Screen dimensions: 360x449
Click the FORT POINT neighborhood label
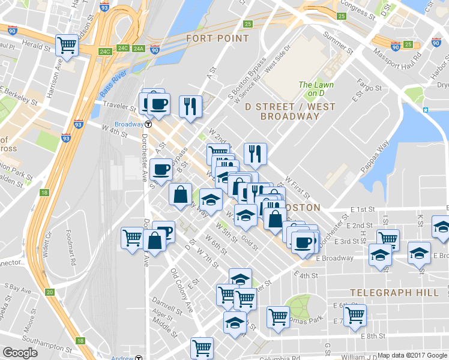pyautogui.click(x=217, y=38)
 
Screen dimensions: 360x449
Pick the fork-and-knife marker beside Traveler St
pyautogui.click(x=191, y=106)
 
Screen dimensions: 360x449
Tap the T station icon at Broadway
pyautogui.click(x=148, y=124)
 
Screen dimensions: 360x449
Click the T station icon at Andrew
pyautogui.click(x=139, y=358)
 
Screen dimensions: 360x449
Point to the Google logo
pyautogui.click(x=20, y=353)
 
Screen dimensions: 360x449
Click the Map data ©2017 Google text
pyautogui.click(x=412, y=355)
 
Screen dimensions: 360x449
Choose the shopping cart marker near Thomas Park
pyautogui.click(x=278, y=316)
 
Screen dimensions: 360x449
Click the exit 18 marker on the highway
pyautogui.click(x=43, y=193)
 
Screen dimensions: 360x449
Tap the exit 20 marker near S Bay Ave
pyautogui.click(x=50, y=292)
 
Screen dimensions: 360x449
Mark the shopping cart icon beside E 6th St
pyautogui.click(x=355, y=313)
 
